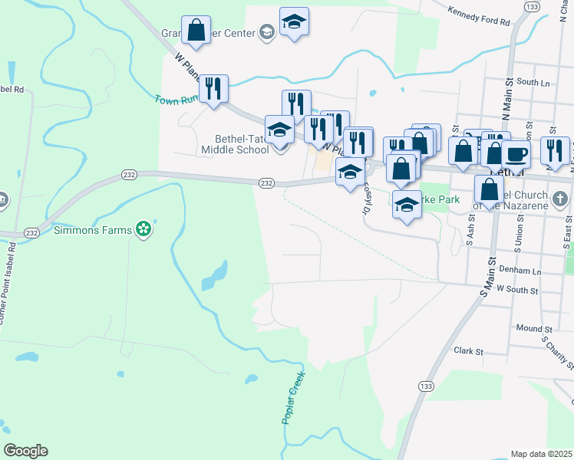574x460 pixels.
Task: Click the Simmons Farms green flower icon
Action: click(142, 228)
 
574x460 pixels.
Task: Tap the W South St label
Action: click(518, 289)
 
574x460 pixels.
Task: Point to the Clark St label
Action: click(467, 351)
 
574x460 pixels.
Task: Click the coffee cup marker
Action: click(516, 153)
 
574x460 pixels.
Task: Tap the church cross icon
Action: click(559, 199)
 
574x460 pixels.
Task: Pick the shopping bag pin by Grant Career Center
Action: click(196, 31)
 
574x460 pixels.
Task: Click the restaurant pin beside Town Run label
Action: click(213, 88)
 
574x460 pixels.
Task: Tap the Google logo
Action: click(25, 451)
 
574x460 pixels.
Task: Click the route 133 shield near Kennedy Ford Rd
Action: click(532, 6)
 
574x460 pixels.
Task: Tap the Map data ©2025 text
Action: click(541, 454)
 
